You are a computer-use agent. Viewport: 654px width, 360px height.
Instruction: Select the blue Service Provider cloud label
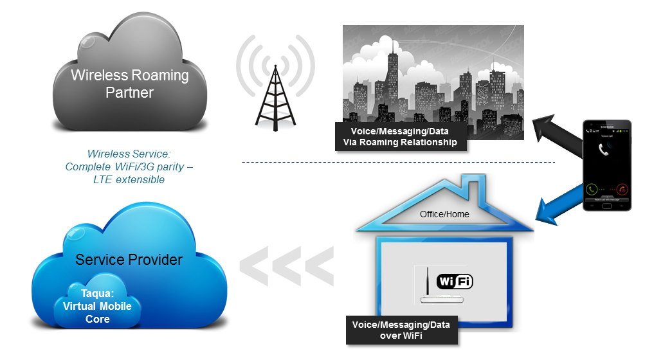click(129, 260)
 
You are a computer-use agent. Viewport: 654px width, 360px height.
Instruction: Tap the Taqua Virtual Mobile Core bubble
click(96, 306)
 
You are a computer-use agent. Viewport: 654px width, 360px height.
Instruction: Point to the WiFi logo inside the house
click(455, 281)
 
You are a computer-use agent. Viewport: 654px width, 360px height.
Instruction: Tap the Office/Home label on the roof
click(444, 214)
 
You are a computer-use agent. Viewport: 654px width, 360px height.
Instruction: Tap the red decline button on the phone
click(622, 190)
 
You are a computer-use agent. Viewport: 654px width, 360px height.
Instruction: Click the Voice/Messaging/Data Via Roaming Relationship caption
click(399, 137)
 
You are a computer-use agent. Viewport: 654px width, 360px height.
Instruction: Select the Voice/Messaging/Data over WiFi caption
click(401, 330)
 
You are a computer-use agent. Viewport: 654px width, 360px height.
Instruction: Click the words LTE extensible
click(129, 179)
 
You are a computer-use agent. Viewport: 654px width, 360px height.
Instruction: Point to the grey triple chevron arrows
click(287, 264)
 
